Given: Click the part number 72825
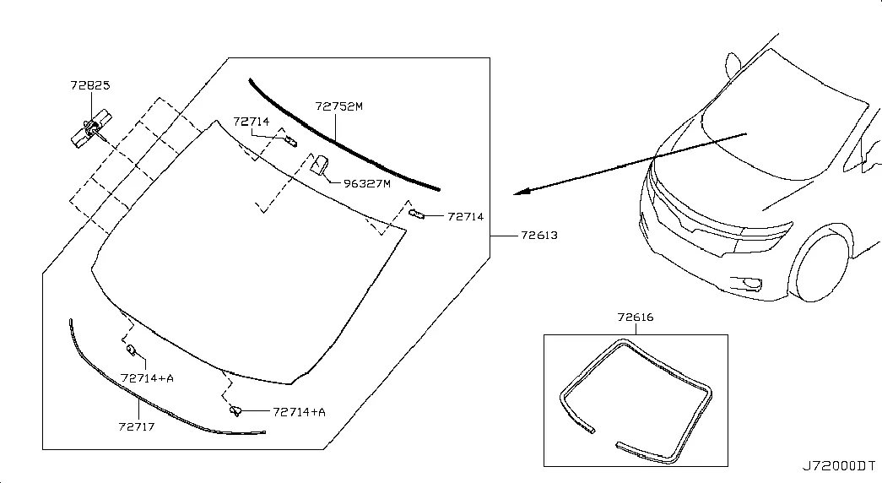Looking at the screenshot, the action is coord(90,85).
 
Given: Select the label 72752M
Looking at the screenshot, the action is coord(338,106).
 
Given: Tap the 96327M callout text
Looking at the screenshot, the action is coord(367,183).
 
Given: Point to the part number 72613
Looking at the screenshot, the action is coord(538,236).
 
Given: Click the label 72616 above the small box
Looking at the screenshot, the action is coord(636,317).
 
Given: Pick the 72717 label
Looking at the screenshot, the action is coord(137,426).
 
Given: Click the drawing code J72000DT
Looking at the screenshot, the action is coord(839,466).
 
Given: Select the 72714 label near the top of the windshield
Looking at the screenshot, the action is coord(252,122).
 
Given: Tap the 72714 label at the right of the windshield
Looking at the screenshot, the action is coord(466,217).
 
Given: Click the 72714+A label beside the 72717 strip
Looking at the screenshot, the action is coord(148,378).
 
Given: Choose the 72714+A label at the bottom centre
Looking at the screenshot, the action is coord(300,412).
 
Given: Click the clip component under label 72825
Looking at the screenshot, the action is coord(90,129).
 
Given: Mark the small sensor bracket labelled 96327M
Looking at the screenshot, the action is coord(320,165).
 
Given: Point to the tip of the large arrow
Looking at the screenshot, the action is coord(514,194).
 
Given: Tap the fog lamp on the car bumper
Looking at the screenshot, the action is coord(751,284).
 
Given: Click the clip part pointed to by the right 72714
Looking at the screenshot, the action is coord(416,214).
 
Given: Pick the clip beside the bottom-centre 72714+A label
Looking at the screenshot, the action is coord(235,410).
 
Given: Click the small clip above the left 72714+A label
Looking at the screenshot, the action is coord(131,350).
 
